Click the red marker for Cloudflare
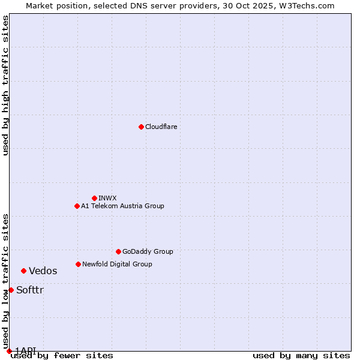141,127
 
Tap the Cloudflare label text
161,127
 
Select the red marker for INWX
94,198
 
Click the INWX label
108,198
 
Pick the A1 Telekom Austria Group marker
77,206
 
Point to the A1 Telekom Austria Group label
122,206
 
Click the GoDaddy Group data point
118,251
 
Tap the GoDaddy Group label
148,251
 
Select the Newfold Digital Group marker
78,264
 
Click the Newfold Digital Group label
117,264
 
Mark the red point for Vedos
23,271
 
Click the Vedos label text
43,271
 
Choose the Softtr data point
11,290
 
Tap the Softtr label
30,290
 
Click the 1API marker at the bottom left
9,351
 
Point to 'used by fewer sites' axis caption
62,356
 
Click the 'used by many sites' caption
301,356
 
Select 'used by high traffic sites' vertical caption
5,85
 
